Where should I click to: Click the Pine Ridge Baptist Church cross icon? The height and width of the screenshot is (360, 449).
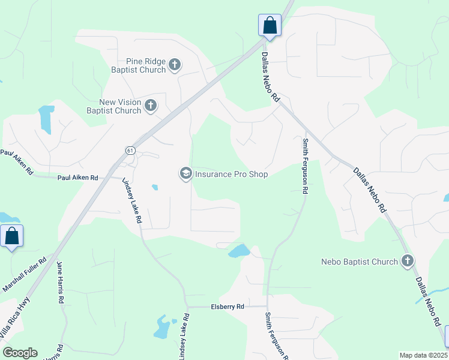[175, 65]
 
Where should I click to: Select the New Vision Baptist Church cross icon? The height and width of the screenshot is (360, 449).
[151, 106]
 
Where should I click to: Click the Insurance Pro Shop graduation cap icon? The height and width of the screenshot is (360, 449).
[185, 174]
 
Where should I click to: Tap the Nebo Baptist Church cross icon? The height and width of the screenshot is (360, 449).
[408, 261]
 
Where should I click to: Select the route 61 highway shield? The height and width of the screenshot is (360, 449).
[130, 150]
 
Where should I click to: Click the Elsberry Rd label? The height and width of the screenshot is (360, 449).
[228, 307]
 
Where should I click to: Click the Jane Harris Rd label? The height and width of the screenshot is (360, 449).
[60, 282]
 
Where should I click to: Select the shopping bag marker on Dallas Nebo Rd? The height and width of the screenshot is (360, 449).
[270, 26]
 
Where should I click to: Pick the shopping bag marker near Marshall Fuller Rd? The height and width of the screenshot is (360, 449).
[12, 236]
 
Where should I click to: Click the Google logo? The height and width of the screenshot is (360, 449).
[20, 353]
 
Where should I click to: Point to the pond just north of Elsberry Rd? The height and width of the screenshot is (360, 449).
[239, 250]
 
